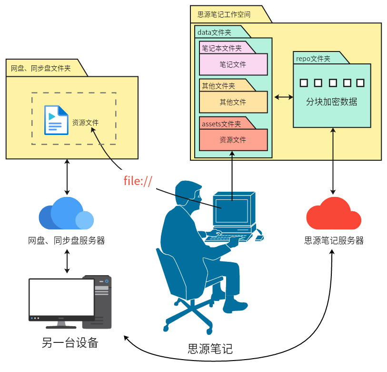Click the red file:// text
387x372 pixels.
pos(138,181)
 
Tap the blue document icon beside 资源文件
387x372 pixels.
pos(56,120)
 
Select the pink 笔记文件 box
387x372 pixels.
pos(233,64)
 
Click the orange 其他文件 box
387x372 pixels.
pos(233,102)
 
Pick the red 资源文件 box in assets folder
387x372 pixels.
pos(233,140)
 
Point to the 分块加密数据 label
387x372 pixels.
pos(331,102)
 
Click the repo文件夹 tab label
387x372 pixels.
pos(313,59)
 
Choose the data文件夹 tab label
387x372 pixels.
pos(214,32)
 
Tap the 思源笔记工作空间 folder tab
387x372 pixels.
pos(224,14)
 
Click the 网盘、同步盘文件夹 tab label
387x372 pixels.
pos(41,68)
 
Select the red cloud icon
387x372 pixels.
pos(333,214)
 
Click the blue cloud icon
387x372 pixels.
pos(66,214)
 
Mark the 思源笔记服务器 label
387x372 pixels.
pos(334,241)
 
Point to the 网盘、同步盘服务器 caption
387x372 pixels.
pos(66,241)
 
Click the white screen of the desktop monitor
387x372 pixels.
pos(61,297)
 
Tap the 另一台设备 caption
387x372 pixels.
pos(69,343)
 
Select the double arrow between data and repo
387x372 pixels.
pos(284,97)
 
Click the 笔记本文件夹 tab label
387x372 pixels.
pos(221,48)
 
